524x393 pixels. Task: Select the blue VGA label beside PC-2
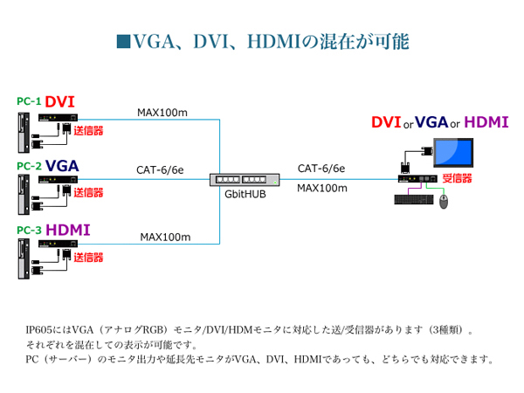click(63, 165)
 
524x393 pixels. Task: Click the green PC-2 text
click(29, 166)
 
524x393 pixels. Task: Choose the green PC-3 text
click(29, 231)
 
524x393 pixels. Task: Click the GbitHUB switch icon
click(245, 179)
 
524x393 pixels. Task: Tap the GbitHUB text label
click(245, 195)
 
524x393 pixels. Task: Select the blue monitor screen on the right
click(455, 154)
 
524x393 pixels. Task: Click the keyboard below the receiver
click(413, 199)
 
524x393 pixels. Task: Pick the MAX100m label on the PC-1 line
click(162, 113)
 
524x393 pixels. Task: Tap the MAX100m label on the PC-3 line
click(166, 237)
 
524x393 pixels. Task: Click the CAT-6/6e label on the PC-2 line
click(161, 170)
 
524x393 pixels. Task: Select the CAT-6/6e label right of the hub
click(321, 169)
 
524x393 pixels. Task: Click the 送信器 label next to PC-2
click(88, 192)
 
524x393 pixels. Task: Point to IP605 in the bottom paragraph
click(39, 330)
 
